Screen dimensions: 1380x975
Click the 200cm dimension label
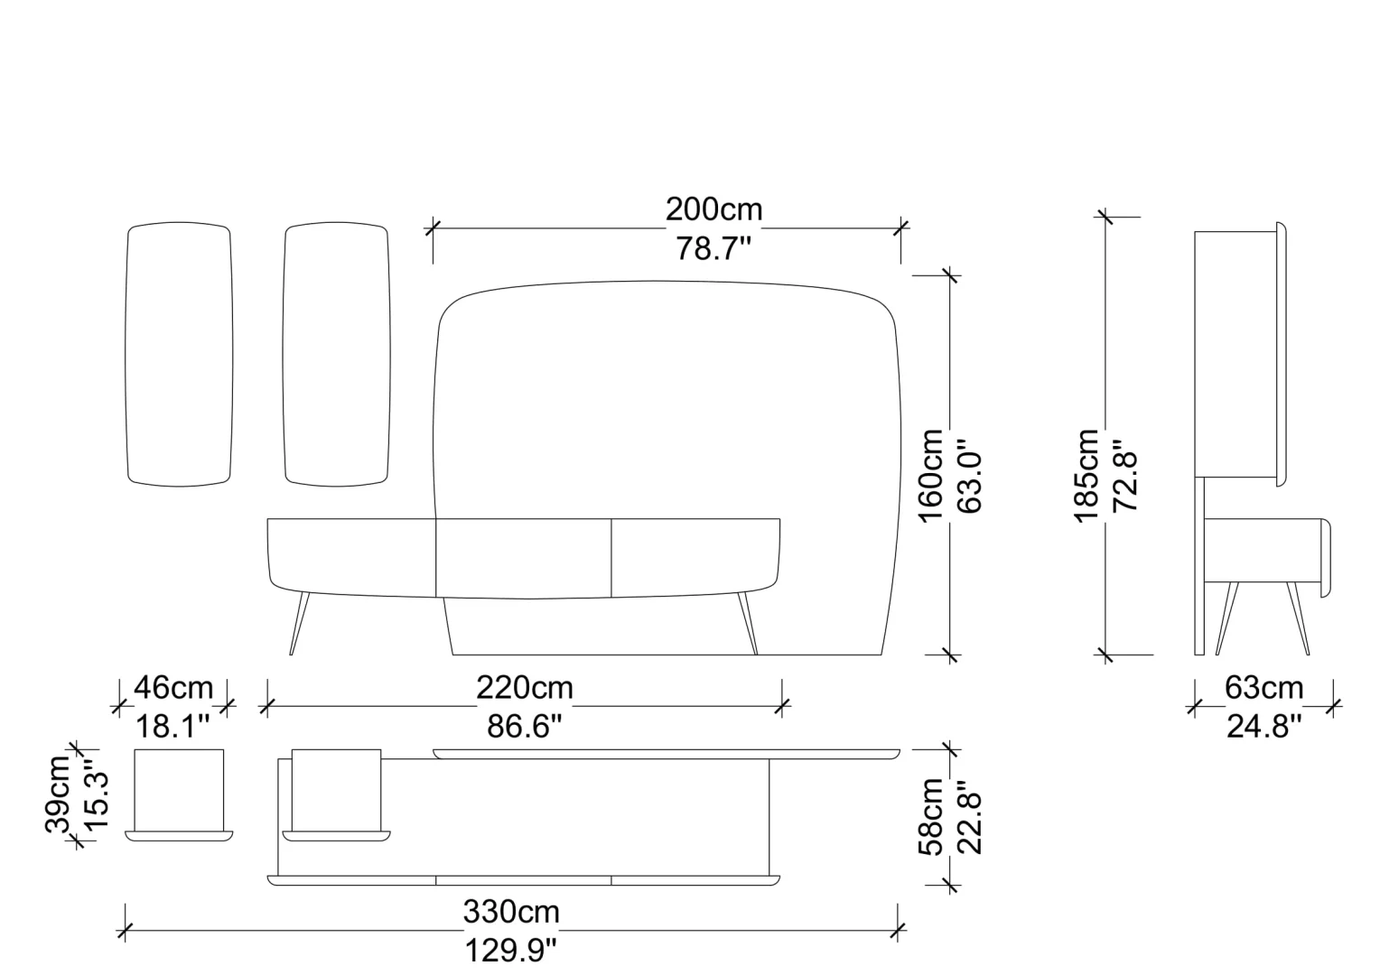click(713, 209)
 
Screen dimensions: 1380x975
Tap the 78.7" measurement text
click(713, 249)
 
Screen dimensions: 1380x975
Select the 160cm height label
click(931, 476)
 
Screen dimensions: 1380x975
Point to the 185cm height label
click(1086, 476)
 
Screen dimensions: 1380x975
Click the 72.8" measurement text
click(1125, 475)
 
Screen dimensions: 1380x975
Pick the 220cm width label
click(525, 687)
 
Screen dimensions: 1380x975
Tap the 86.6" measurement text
click(525, 726)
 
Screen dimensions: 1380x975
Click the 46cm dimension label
click(173, 687)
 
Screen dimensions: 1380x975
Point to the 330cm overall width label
click(511, 911)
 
